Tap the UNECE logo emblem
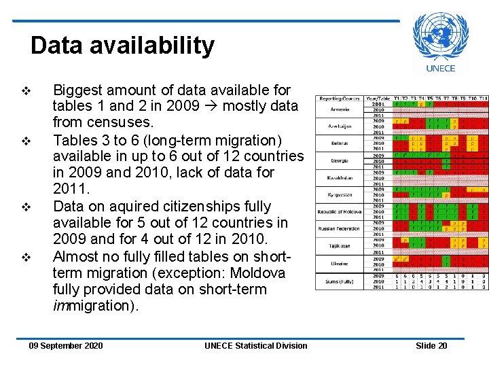pos(440,37)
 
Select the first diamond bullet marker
pos(26,90)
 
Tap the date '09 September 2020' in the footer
pos(66,346)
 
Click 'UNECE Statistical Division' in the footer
pos(255,346)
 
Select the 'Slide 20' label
pos(431,346)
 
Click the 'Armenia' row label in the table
pos(340,109)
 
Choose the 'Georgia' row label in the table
pos(340,160)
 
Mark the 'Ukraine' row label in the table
pos(340,262)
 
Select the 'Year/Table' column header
pos(378,99)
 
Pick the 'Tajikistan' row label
pos(340,245)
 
